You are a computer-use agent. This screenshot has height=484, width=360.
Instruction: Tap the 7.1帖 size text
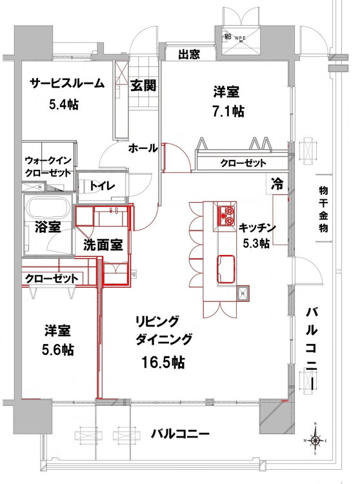pyautogui.click(x=229, y=111)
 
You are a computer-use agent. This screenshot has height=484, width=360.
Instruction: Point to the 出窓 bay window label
pyautogui.click(x=188, y=54)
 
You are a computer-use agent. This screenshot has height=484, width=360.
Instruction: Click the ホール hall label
pyautogui.click(x=143, y=148)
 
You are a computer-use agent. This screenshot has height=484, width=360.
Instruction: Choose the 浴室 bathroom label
pyautogui.click(x=48, y=227)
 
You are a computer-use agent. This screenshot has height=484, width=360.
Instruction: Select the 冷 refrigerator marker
pyautogui.click(x=277, y=183)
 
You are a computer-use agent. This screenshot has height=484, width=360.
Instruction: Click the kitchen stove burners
pyautogui.click(x=226, y=216)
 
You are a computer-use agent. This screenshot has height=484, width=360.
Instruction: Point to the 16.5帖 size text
pyautogui.click(x=163, y=362)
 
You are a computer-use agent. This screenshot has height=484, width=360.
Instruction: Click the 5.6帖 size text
pyautogui.click(x=59, y=350)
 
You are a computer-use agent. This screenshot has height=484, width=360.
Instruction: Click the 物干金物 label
pyautogui.click(x=325, y=210)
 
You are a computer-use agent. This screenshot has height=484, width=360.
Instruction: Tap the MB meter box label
pyautogui.click(x=227, y=37)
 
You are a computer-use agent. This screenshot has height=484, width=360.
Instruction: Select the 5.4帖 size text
pyautogui.click(x=63, y=104)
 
